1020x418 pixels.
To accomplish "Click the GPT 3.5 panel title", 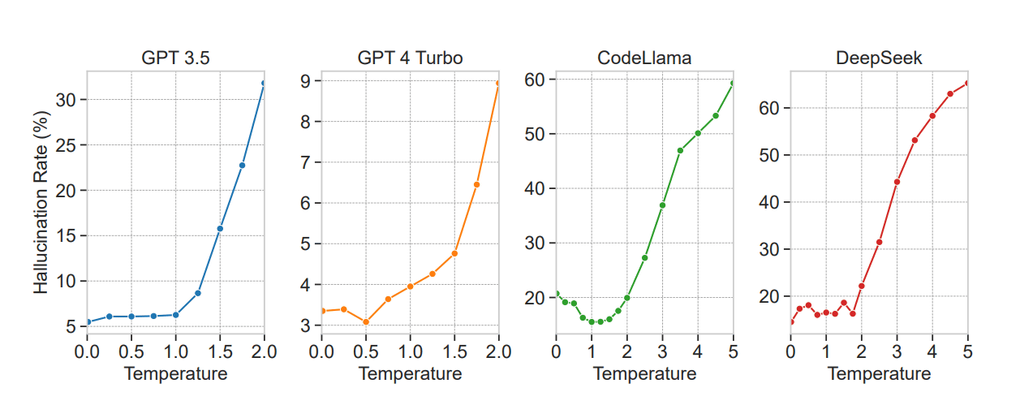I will (175, 59).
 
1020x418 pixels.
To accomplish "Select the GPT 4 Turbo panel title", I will (410, 59).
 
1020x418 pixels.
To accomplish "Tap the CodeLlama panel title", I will (644, 59).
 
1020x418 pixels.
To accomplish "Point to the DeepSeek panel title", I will (879, 59).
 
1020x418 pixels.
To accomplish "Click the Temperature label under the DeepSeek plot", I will (879, 374).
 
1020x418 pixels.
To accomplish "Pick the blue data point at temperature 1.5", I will (220, 228).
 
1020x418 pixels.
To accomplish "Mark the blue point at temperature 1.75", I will (242, 165).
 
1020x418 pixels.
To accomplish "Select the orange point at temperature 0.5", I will (366, 322).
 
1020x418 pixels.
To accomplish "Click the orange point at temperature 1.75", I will (476, 184).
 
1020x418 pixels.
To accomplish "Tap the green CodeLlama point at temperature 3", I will (662, 205).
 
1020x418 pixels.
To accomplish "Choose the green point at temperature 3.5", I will (680, 150).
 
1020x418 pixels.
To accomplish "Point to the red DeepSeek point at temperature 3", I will (897, 181).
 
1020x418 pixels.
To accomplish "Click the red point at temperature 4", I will (932, 115).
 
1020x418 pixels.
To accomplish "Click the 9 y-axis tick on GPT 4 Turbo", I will (306, 80).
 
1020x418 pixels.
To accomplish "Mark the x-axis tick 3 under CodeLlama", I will (662, 352).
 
